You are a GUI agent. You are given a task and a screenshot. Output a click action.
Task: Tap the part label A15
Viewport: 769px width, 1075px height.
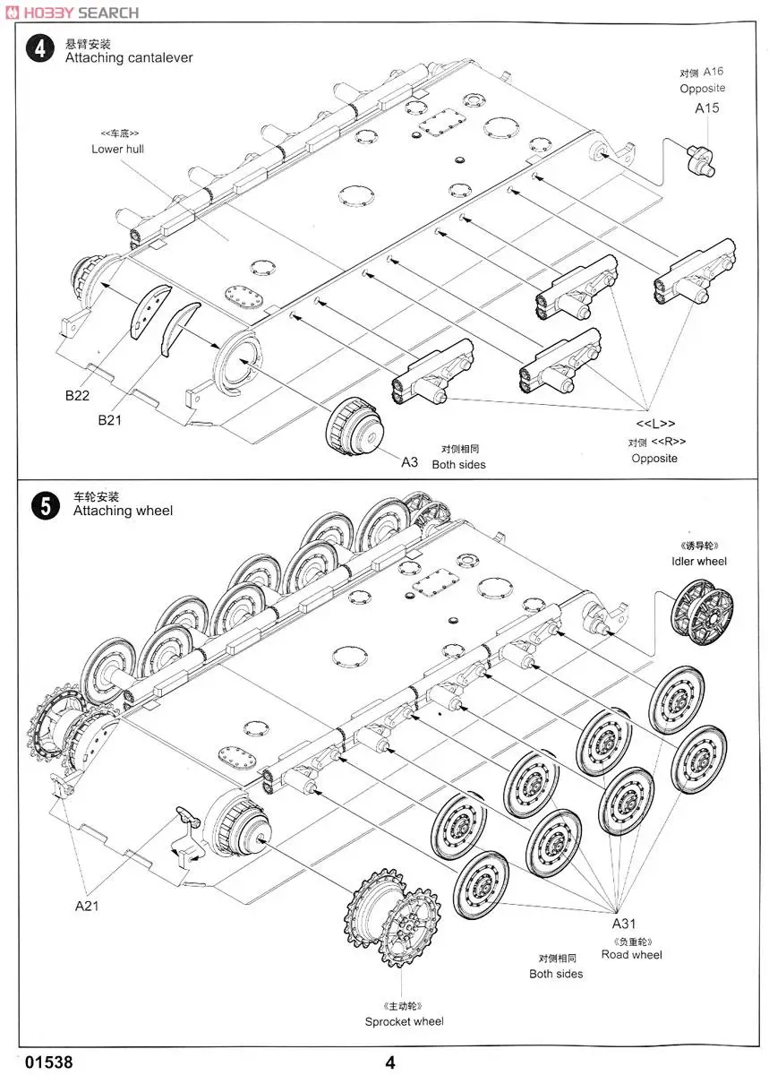tap(707, 108)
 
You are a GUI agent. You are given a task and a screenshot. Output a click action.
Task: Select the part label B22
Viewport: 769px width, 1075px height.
tap(77, 394)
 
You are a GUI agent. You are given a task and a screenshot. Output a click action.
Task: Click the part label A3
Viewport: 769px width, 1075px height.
tap(409, 462)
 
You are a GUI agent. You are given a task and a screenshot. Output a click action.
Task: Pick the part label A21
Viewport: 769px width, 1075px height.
tap(86, 906)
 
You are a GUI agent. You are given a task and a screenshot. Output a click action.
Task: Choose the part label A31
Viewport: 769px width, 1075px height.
tap(624, 924)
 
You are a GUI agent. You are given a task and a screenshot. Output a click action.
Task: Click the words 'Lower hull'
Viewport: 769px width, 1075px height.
tap(117, 149)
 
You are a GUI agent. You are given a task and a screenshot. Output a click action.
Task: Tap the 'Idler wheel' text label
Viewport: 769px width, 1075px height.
tap(699, 561)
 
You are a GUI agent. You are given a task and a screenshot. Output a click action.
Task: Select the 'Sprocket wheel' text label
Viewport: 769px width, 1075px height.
tap(404, 1021)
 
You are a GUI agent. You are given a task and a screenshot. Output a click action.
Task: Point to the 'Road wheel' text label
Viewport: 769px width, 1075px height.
tap(631, 955)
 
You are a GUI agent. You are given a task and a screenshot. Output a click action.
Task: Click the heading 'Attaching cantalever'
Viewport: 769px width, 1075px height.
tap(128, 57)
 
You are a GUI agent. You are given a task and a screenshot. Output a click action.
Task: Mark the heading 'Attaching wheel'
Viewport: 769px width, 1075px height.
tap(123, 511)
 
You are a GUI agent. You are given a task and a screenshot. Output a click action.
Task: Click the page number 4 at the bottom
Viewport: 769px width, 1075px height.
tap(390, 1062)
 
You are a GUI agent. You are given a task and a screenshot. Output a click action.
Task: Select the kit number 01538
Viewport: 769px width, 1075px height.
tap(49, 1062)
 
